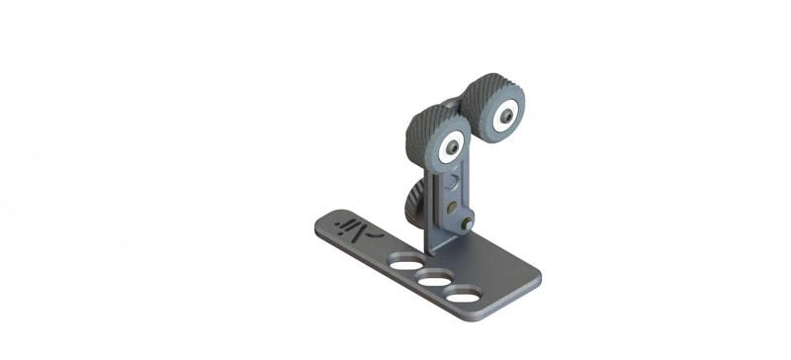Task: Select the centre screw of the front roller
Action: point(451,146)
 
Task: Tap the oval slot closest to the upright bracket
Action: point(402,263)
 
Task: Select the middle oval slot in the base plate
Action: point(432,280)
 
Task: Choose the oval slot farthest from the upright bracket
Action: point(462,295)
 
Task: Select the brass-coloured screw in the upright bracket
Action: point(452,207)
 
